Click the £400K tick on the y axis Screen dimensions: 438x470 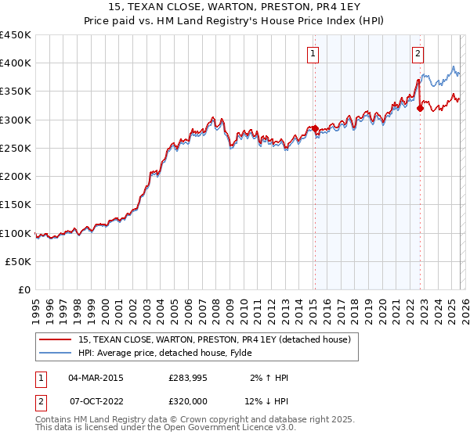pyautogui.click(x=16, y=63)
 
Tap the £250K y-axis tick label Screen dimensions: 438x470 pyautogui.click(x=16, y=149)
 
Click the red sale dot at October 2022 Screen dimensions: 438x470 pyautogui.click(x=421, y=109)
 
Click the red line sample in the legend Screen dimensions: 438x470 pyautogui.click(x=56, y=339)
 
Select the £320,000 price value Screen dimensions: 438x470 pyautogui.click(x=188, y=400)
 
